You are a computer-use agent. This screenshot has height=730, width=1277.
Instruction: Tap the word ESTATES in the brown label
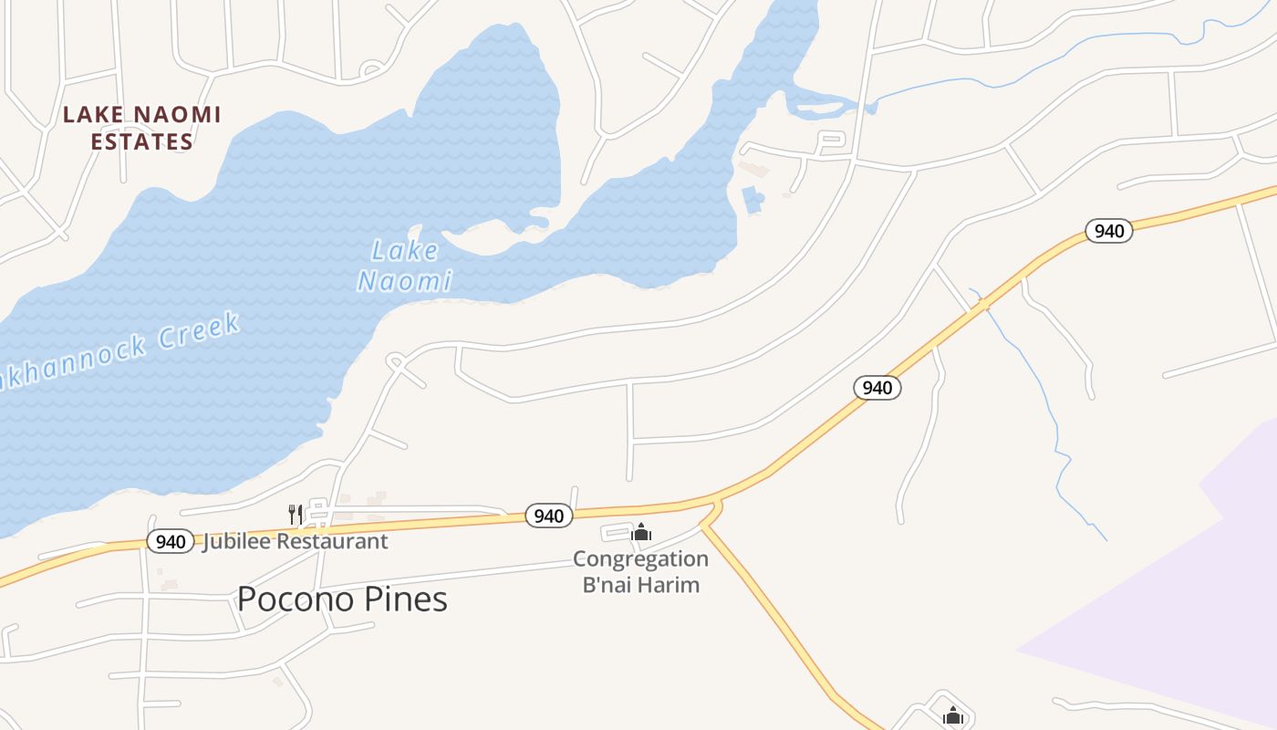[x=141, y=142]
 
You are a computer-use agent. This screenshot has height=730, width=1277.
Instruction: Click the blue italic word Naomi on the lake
[x=404, y=281]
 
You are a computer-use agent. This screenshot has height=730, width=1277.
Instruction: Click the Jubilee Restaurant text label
[x=295, y=541]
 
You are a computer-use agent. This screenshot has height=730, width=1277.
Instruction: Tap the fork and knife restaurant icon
[x=295, y=515]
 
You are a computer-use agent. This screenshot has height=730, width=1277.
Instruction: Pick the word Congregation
[x=640, y=558]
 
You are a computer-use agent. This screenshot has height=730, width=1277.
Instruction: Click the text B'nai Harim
[x=640, y=584]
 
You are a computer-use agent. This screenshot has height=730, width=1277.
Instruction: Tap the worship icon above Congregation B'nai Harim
[x=641, y=532]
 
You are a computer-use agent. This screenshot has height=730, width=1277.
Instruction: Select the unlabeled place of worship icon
[x=953, y=715]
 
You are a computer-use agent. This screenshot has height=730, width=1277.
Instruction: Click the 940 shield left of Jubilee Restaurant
[x=170, y=541]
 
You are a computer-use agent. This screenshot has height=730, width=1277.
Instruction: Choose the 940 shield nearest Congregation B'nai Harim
[x=548, y=516]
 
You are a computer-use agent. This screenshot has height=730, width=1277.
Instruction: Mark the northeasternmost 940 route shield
[x=1108, y=231]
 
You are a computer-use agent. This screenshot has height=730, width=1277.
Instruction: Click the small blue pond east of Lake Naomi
[x=753, y=200]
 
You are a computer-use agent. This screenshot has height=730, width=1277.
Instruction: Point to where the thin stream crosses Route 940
[x=983, y=305]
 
